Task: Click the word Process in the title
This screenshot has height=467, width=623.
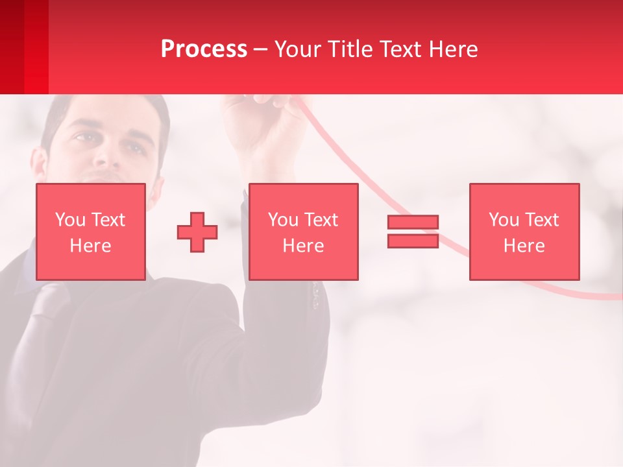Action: pos(204,49)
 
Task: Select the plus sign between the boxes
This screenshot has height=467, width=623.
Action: pos(197,232)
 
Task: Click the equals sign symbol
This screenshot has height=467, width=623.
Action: pos(413,232)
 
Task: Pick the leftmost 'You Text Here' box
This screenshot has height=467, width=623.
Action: pos(91,232)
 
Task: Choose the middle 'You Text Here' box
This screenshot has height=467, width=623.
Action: pos(303,232)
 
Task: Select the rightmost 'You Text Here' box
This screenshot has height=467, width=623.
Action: pos(524,232)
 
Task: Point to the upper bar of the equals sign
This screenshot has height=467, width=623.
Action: pos(413,222)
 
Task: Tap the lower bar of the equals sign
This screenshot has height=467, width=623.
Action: pos(413,241)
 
